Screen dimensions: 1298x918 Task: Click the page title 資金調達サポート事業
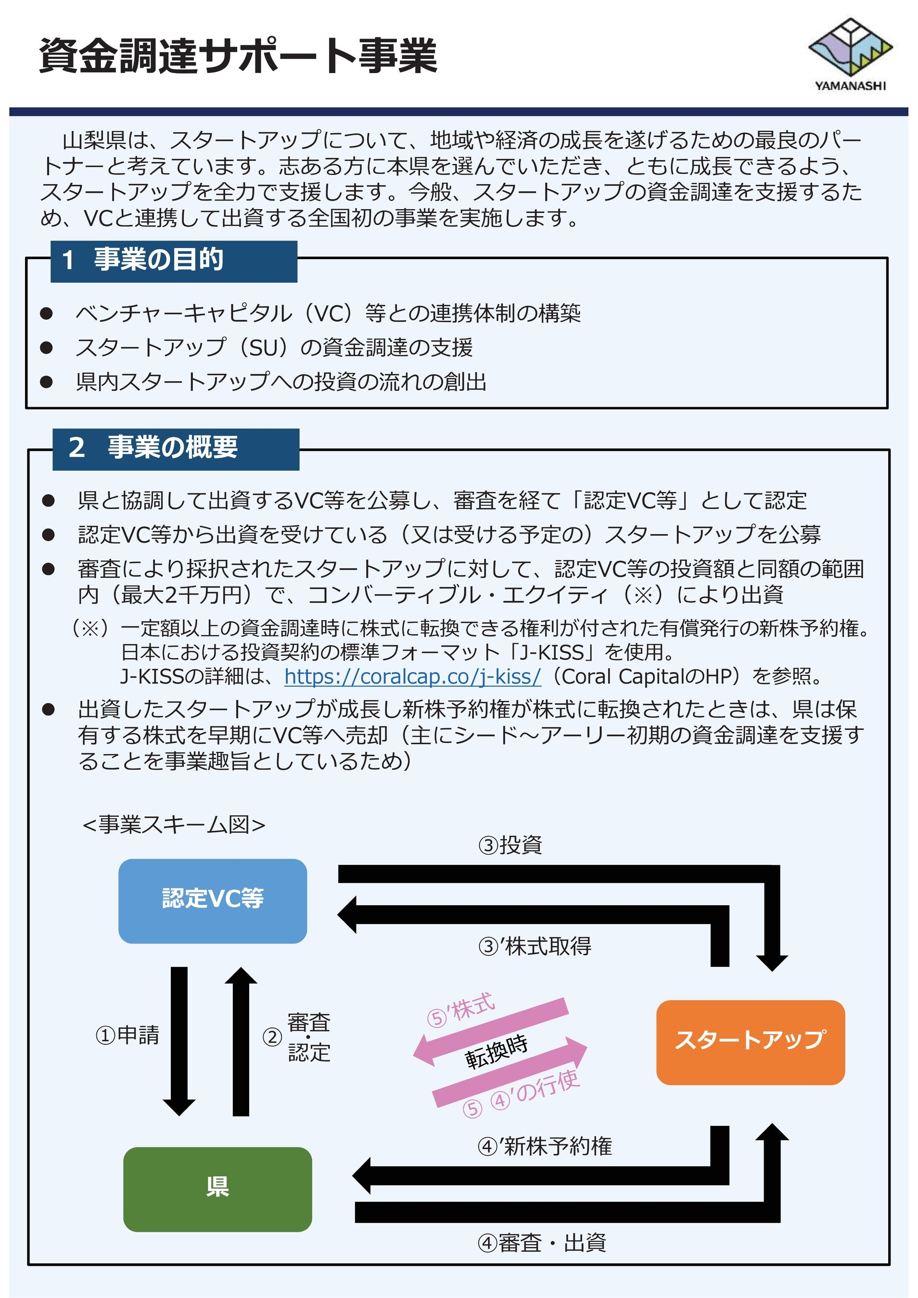click(238, 56)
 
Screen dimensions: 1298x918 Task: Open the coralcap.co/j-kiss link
click(412, 676)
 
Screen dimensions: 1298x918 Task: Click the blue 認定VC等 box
click(213, 900)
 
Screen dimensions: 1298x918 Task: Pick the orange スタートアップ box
click(750, 1042)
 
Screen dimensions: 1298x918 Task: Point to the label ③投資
click(510, 845)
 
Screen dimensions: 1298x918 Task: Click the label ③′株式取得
click(535, 946)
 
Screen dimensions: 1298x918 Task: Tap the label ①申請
click(127, 1036)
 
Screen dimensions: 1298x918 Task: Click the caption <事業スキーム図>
click(174, 825)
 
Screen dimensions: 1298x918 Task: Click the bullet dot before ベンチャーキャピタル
click(46, 314)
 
